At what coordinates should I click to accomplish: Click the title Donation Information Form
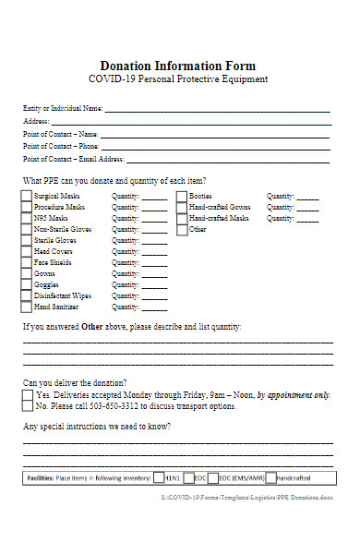point(177,66)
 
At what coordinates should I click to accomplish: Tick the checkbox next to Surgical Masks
point(26,197)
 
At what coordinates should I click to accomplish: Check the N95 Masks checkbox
point(26,219)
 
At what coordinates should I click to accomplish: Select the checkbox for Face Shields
point(26,262)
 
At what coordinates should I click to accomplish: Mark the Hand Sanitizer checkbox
point(26,307)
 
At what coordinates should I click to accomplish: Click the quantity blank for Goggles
point(154,285)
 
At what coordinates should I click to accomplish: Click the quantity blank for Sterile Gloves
point(154,241)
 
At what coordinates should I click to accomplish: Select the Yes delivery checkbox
point(28,395)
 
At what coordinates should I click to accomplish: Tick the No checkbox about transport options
point(28,406)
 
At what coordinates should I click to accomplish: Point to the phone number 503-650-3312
point(111,406)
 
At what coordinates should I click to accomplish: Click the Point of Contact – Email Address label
point(71,158)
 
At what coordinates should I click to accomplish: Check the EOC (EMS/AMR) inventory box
point(213,478)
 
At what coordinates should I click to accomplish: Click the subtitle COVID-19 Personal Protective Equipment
point(177,80)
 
